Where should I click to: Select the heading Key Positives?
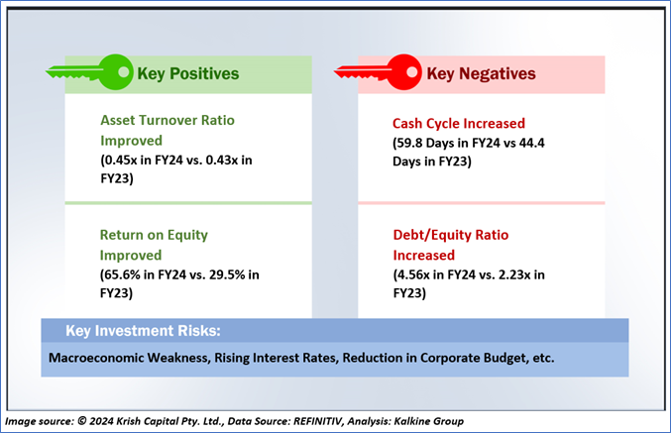coord(188,73)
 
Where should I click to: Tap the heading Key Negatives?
coord(481,73)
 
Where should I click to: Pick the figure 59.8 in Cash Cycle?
coord(409,143)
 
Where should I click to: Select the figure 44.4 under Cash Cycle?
coord(531,143)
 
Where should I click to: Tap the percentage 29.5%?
coord(227,274)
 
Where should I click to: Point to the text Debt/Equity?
coord(432,235)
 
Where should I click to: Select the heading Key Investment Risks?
coord(143,331)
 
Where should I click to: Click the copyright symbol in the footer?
coord(81,421)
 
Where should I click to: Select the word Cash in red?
coord(410,124)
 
